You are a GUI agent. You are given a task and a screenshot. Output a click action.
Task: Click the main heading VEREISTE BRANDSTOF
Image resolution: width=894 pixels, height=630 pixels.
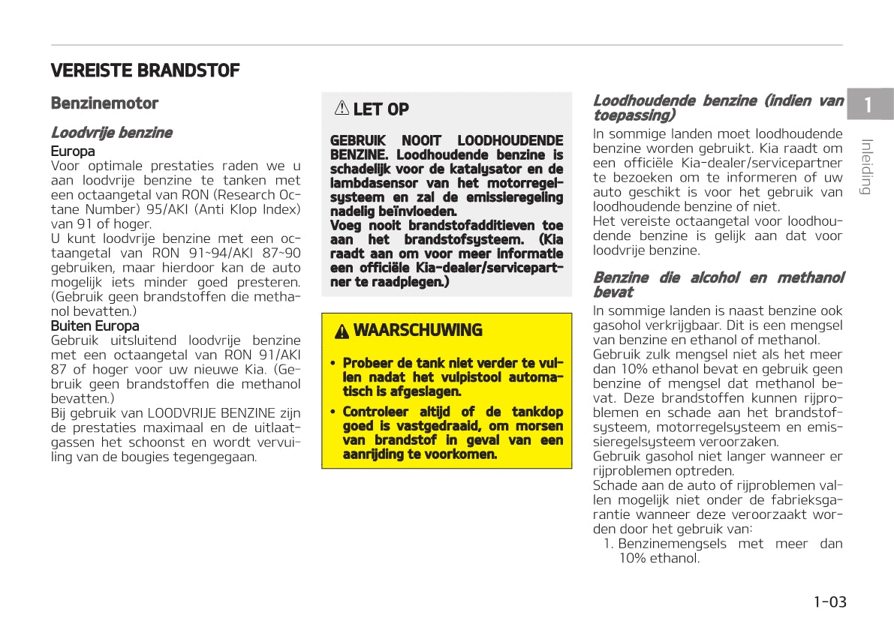click(x=145, y=71)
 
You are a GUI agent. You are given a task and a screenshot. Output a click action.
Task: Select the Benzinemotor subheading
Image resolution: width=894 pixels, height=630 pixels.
click(x=104, y=103)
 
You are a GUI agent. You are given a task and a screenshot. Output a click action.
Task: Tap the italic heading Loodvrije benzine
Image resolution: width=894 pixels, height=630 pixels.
click(x=111, y=133)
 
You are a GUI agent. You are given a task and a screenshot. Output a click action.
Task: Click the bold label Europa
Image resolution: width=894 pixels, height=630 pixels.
click(x=73, y=151)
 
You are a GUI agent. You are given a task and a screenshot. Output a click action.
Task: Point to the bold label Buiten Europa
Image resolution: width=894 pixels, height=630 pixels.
click(x=95, y=326)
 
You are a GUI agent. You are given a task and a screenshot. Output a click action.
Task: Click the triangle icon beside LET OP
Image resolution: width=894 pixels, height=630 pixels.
click(x=342, y=109)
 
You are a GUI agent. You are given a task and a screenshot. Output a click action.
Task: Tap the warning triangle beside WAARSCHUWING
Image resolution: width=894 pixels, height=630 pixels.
click(x=342, y=331)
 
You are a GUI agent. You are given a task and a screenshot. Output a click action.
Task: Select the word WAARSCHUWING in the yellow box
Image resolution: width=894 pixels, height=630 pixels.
click(x=417, y=331)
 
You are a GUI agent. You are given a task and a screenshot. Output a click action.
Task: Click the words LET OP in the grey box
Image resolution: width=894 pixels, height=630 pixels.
click(x=381, y=109)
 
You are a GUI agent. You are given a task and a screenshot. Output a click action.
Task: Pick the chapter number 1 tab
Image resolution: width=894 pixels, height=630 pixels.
click(x=868, y=105)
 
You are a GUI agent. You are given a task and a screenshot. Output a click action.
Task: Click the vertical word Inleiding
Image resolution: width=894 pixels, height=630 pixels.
click(x=866, y=166)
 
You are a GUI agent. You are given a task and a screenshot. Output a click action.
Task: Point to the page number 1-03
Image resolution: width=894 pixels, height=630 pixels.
click(x=829, y=601)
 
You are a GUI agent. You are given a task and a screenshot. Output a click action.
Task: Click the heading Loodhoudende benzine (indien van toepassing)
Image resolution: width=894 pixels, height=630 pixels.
click(x=718, y=108)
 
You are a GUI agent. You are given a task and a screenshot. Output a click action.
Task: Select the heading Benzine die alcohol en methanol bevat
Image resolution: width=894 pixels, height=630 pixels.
click(x=718, y=285)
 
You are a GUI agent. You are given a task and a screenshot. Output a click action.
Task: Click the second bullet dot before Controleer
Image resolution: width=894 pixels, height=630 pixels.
click(x=333, y=412)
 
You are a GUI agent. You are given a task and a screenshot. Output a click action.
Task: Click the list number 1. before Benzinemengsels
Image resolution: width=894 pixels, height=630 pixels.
click(x=610, y=544)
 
